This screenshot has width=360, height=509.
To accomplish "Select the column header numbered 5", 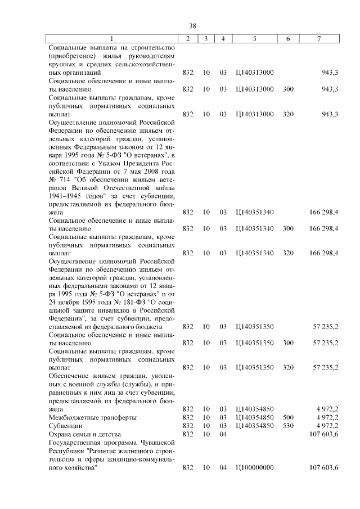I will pos(255,39).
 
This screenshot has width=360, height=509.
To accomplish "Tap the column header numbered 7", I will pos(319,39).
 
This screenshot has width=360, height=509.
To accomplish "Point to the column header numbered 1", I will pos(112,39).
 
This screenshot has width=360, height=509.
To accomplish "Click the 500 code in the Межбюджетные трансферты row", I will pos(288,418).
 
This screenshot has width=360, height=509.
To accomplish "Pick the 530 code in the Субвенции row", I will pos(288,426).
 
